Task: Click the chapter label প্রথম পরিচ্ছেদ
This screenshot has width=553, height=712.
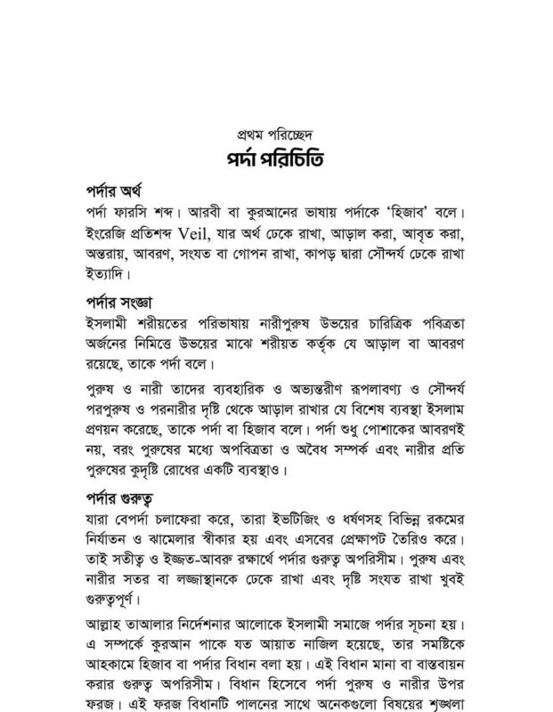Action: tap(277, 137)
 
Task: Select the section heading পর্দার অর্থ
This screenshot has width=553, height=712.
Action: tap(120, 194)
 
